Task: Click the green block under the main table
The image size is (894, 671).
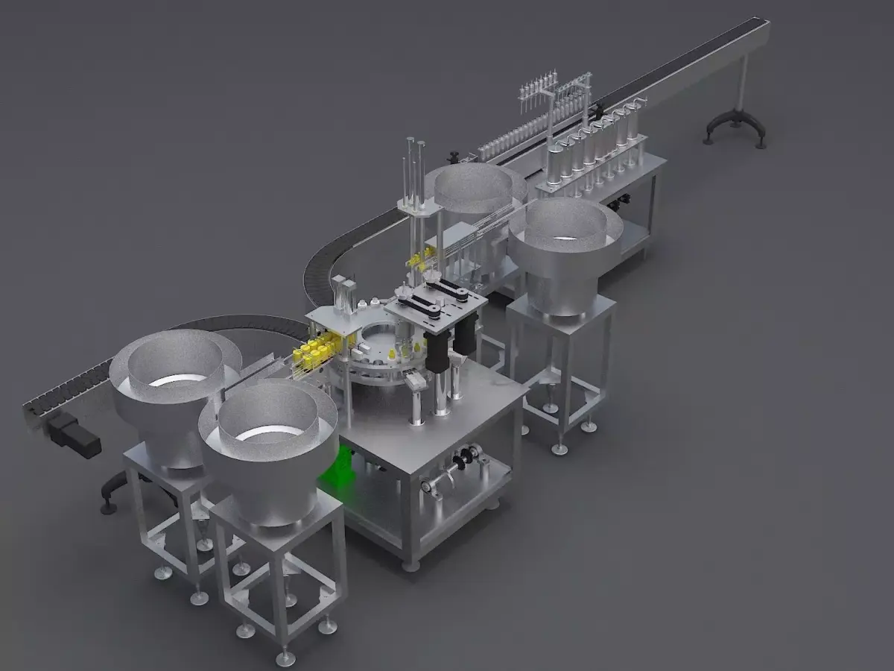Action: pyautogui.click(x=339, y=467)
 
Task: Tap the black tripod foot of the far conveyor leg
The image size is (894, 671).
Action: pyautogui.click(x=735, y=127)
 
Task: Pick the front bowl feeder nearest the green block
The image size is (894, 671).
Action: pyautogui.click(x=268, y=447)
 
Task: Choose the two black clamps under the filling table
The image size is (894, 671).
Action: pyautogui.click(x=618, y=201)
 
